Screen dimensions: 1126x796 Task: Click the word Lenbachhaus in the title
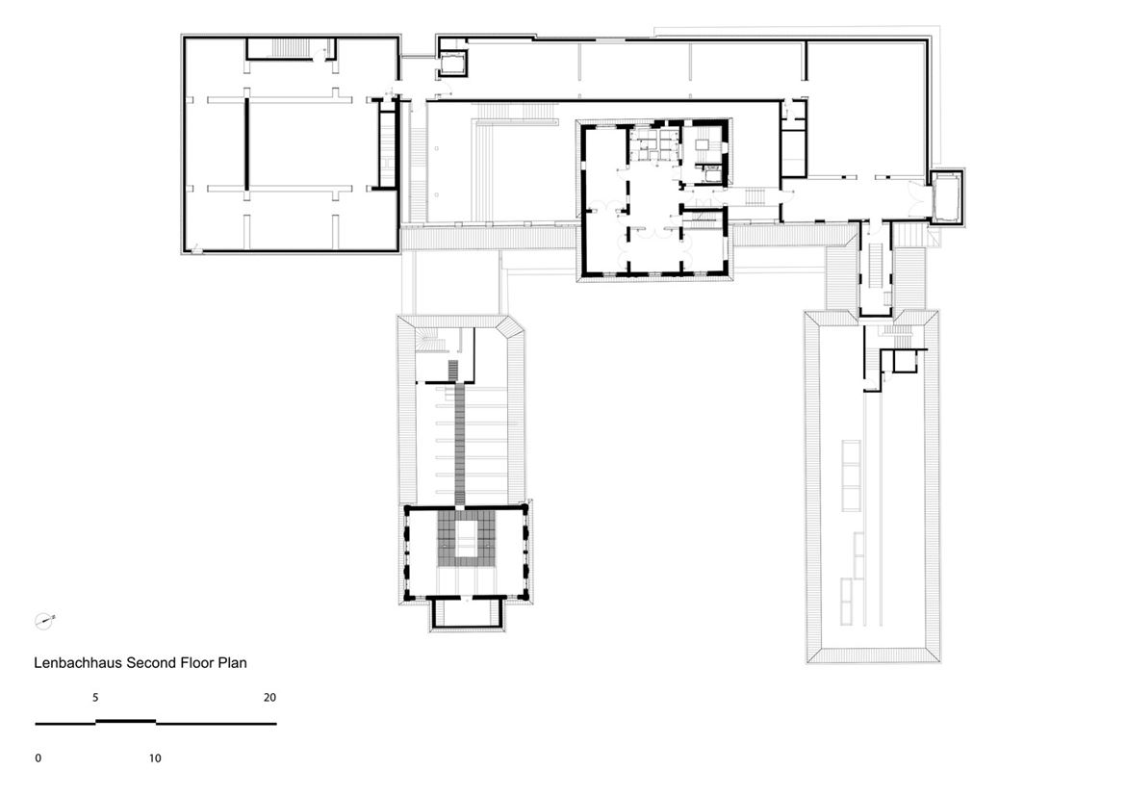pos(78,662)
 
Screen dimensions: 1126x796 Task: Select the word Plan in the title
pos(231,662)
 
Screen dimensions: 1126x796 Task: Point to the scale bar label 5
pos(95,698)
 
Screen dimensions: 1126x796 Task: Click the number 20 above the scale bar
pos(270,698)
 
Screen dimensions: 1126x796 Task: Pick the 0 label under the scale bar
pos(38,757)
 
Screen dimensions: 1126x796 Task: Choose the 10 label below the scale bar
pos(155,757)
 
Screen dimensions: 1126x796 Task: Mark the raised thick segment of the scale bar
pos(126,721)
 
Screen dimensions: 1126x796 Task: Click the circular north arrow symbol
pos(44,621)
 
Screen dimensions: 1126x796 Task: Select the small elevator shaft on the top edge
pos(452,63)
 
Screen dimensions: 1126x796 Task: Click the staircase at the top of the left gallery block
pos(290,49)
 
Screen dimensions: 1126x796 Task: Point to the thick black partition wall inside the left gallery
pos(246,143)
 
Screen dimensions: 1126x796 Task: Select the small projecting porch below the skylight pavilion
pos(466,613)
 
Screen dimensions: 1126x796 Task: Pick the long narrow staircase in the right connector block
pos(876,265)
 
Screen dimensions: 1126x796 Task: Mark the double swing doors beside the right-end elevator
pos(917,195)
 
